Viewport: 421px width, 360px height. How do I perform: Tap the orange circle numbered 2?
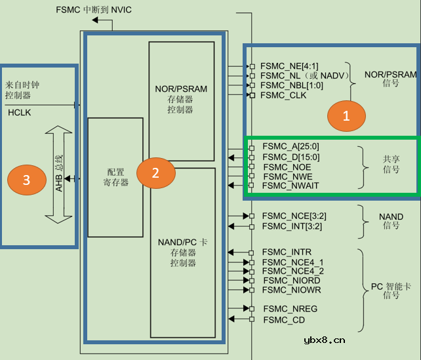(155, 173)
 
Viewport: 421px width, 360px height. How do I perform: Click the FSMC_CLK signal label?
(283, 96)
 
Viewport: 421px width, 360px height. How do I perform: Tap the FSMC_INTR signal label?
(287, 252)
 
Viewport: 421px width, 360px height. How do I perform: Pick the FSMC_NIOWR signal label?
(291, 290)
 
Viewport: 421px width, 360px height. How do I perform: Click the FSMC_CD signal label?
(283, 320)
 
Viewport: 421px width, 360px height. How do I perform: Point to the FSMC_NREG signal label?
(289, 308)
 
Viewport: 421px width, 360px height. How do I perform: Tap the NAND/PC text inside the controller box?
(182, 242)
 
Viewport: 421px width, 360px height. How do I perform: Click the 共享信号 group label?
(391, 164)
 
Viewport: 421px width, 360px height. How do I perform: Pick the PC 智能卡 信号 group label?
(391, 290)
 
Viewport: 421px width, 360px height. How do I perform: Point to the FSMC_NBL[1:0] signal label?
(292, 86)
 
